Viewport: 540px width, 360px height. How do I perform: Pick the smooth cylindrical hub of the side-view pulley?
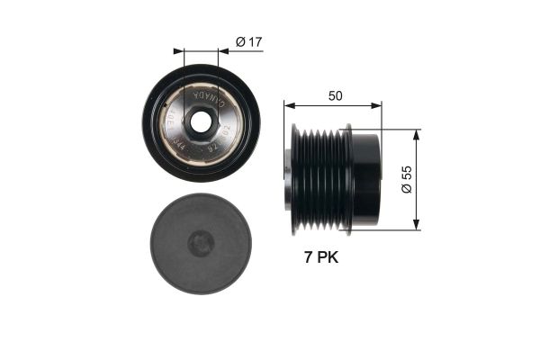pos(365,179)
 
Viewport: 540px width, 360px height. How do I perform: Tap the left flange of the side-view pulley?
pos(296,179)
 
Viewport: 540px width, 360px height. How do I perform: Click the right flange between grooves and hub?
pos(348,179)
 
